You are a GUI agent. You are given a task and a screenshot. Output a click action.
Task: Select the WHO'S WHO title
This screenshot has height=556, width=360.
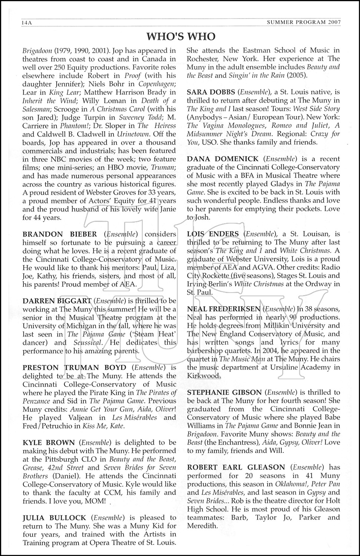pos(181,36)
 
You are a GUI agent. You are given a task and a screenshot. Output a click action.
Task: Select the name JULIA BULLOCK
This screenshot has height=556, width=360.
pos(54,517)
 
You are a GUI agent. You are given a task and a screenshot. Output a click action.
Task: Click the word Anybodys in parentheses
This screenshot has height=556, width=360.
pos(205,117)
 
